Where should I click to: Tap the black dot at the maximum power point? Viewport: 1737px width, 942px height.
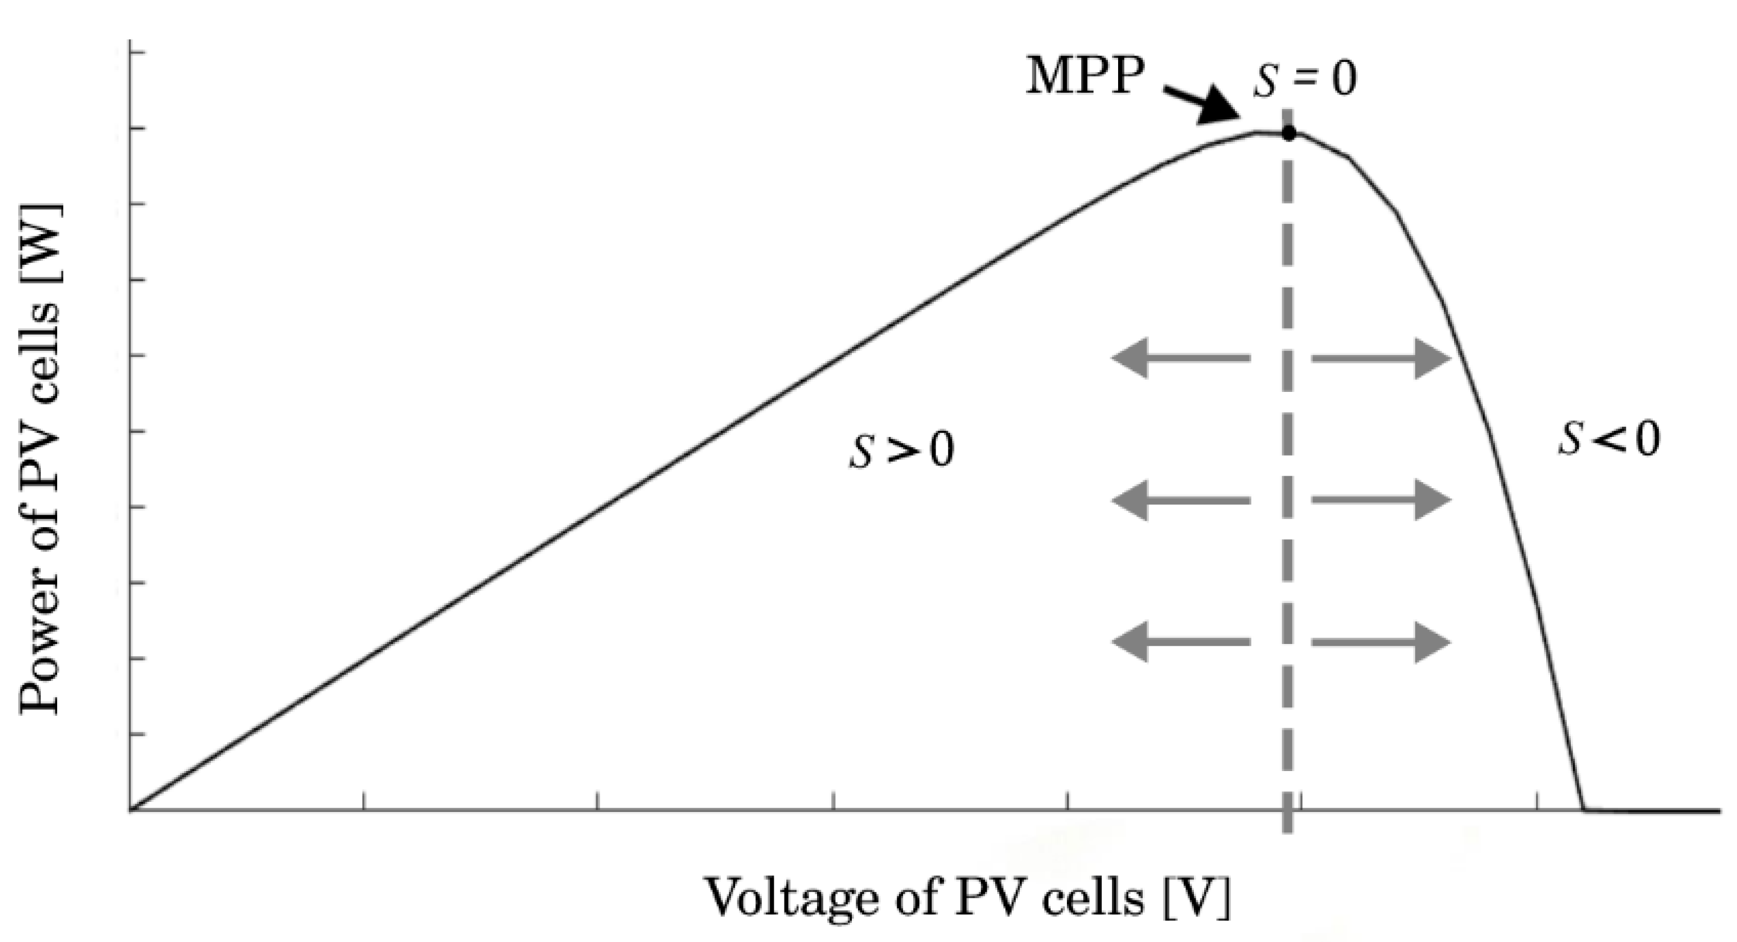pos(1288,133)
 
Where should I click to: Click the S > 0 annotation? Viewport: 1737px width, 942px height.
pos(901,450)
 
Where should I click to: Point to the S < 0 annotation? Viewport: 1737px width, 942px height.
pos(1608,439)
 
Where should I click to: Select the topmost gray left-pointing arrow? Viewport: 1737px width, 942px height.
pos(1181,358)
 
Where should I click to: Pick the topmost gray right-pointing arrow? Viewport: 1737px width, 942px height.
pos(1381,358)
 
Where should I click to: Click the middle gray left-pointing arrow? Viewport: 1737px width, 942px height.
pos(1181,500)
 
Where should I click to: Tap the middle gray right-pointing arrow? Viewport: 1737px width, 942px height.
pos(1381,500)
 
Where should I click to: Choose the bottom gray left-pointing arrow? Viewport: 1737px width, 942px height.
pos(1181,642)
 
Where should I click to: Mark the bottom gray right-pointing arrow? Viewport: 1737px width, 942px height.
pos(1381,642)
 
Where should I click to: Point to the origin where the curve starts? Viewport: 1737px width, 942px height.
pos(131,809)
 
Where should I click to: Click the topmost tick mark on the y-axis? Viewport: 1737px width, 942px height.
pos(137,52)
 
